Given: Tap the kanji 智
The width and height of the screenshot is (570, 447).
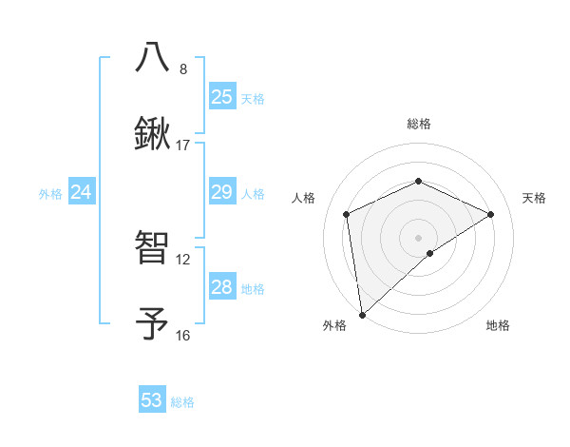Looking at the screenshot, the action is click(x=153, y=247).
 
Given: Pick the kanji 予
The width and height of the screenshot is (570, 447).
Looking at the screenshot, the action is click(x=153, y=323).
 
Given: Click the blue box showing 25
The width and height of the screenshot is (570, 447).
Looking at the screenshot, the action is click(x=221, y=96).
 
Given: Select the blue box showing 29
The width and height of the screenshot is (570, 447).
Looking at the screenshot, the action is click(x=221, y=192).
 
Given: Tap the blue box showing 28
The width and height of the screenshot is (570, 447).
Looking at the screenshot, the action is click(x=221, y=287).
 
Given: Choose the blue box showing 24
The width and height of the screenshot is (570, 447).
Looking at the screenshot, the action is click(x=82, y=192).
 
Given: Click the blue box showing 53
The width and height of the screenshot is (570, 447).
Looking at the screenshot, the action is click(x=152, y=400).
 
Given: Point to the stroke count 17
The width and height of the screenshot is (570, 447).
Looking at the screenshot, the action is click(x=183, y=146).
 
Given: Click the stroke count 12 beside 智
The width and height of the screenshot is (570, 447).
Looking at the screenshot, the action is click(x=183, y=259).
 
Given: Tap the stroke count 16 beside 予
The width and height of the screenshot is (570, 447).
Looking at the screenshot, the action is click(x=183, y=335).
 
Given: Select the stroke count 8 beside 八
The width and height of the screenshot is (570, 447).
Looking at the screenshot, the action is click(x=183, y=69).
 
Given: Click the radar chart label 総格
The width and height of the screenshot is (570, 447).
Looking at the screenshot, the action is click(x=419, y=124).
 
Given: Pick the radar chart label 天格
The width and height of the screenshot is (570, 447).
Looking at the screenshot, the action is click(x=535, y=198).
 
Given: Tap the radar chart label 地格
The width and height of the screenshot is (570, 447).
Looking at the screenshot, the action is click(x=498, y=325).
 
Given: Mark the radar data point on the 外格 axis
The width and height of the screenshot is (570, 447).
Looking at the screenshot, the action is click(x=362, y=314).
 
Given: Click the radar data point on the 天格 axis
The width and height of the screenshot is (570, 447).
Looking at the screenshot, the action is click(x=491, y=214).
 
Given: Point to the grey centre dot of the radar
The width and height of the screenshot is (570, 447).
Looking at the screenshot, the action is click(x=419, y=237).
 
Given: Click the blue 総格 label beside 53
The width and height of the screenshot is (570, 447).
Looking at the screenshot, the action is click(x=182, y=402).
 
